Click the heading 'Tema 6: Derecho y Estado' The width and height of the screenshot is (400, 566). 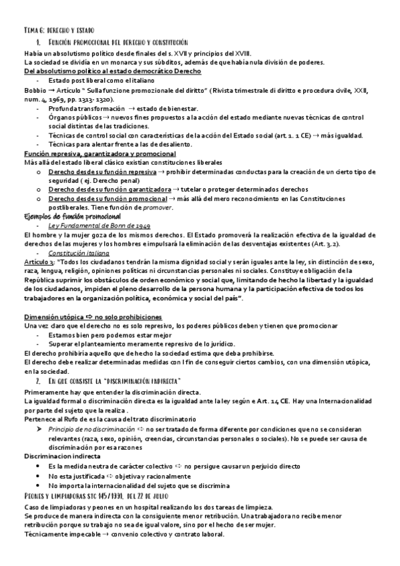[x=59, y=31]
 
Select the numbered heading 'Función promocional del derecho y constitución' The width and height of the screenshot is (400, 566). [x=123, y=42]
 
